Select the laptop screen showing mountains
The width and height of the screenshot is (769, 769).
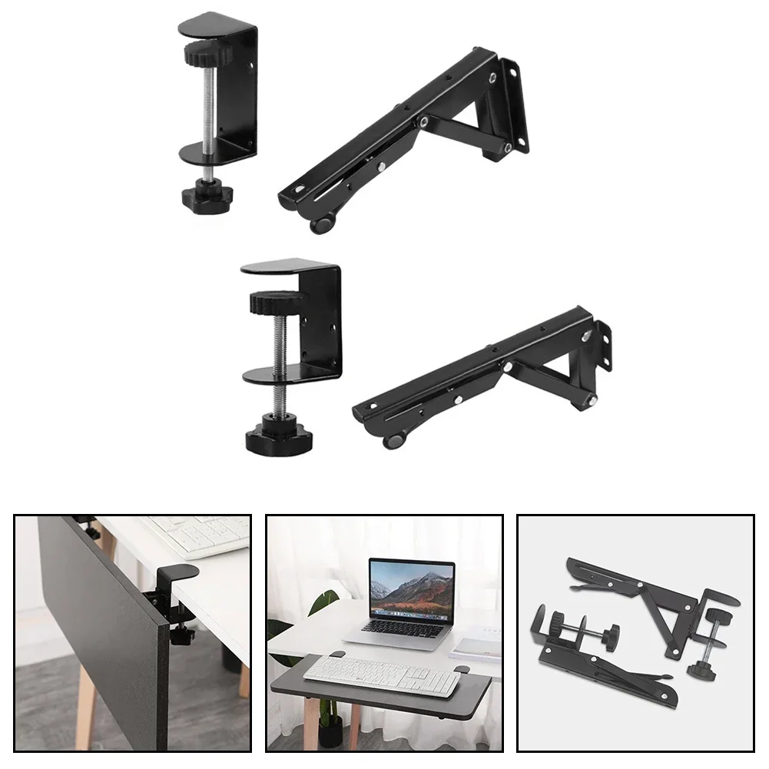pyautogui.click(x=411, y=590)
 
